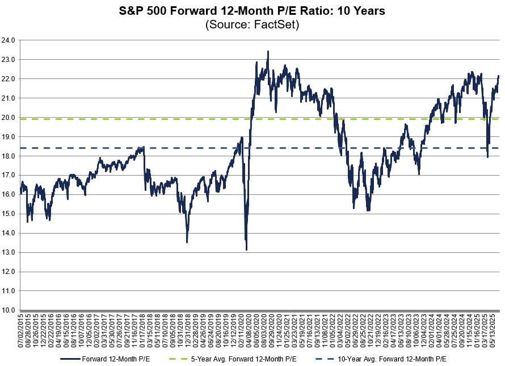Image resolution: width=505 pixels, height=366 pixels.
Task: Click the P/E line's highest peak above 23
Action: (268, 51)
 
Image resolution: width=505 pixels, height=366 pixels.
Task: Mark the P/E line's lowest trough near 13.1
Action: (246, 249)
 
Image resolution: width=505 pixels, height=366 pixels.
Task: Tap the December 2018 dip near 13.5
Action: (187, 242)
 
